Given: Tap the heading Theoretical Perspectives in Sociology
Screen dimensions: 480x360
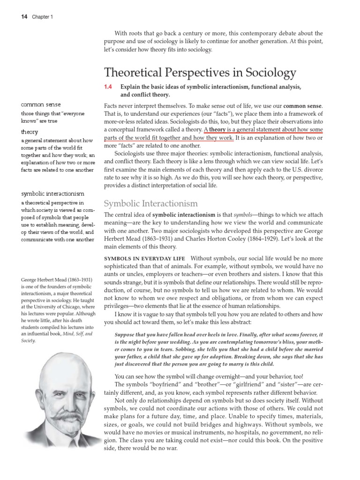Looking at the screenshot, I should [200, 73].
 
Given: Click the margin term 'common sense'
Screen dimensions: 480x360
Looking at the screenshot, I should [41, 105].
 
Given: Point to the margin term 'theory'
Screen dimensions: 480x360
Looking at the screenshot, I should [30, 132].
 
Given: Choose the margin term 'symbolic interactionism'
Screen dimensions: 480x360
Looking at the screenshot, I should [52, 194].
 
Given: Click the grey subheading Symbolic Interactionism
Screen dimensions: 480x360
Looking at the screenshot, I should [150, 203].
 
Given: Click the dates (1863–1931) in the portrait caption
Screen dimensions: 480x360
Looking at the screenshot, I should [76, 280].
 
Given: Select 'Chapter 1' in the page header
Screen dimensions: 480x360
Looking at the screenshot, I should [43, 17].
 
